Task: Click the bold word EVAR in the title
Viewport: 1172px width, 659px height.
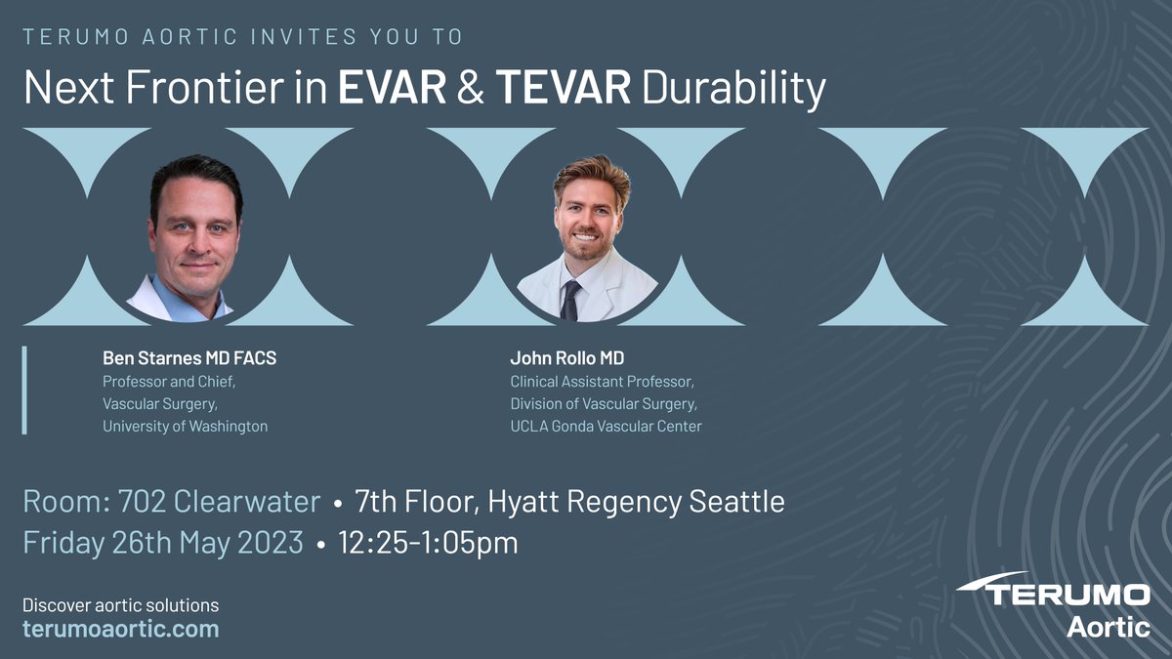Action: pyautogui.click(x=391, y=89)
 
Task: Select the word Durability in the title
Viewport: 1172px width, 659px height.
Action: pyautogui.click(x=733, y=89)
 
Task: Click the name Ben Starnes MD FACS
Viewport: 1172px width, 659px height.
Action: pyautogui.click(x=189, y=358)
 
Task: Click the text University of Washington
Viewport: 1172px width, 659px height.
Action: pyautogui.click(x=186, y=426)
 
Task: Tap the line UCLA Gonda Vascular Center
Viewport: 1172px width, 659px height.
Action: pyautogui.click(x=606, y=426)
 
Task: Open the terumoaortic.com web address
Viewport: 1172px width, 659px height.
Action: pyautogui.click(x=121, y=629)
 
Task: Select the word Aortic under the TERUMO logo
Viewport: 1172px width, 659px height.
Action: pyautogui.click(x=1108, y=628)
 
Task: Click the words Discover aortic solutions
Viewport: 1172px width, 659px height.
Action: pyautogui.click(x=121, y=605)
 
